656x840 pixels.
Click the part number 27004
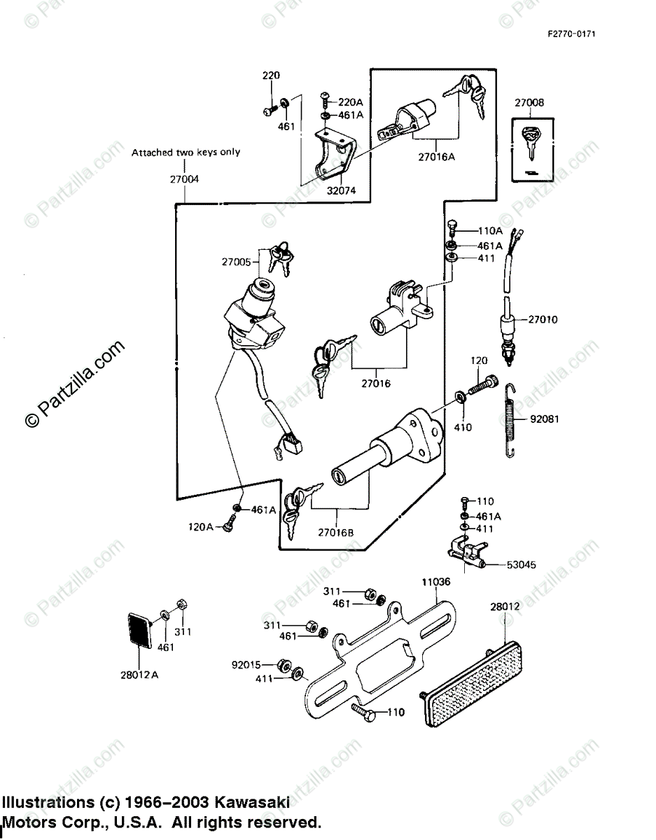click(x=184, y=179)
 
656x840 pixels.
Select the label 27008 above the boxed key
click(x=529, y=103)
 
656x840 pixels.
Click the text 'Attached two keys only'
click(x=186, y=152)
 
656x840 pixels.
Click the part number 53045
click(x=521, y=565)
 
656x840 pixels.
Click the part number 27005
click(x=237, y=262)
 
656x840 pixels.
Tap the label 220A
click(x=350, y=101)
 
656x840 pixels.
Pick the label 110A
click(x=490, y=230)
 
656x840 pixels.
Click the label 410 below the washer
click(x=463, y=427)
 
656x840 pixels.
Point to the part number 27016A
click(x=437, y=157)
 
